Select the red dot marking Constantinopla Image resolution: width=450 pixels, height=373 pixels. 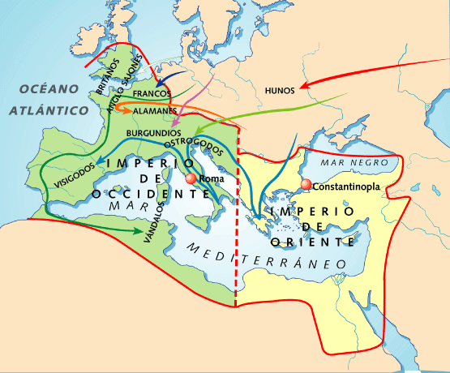click(306, 186)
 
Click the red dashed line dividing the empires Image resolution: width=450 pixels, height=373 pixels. click(236, 243)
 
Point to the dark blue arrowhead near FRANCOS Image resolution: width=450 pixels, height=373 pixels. click(161, 82)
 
